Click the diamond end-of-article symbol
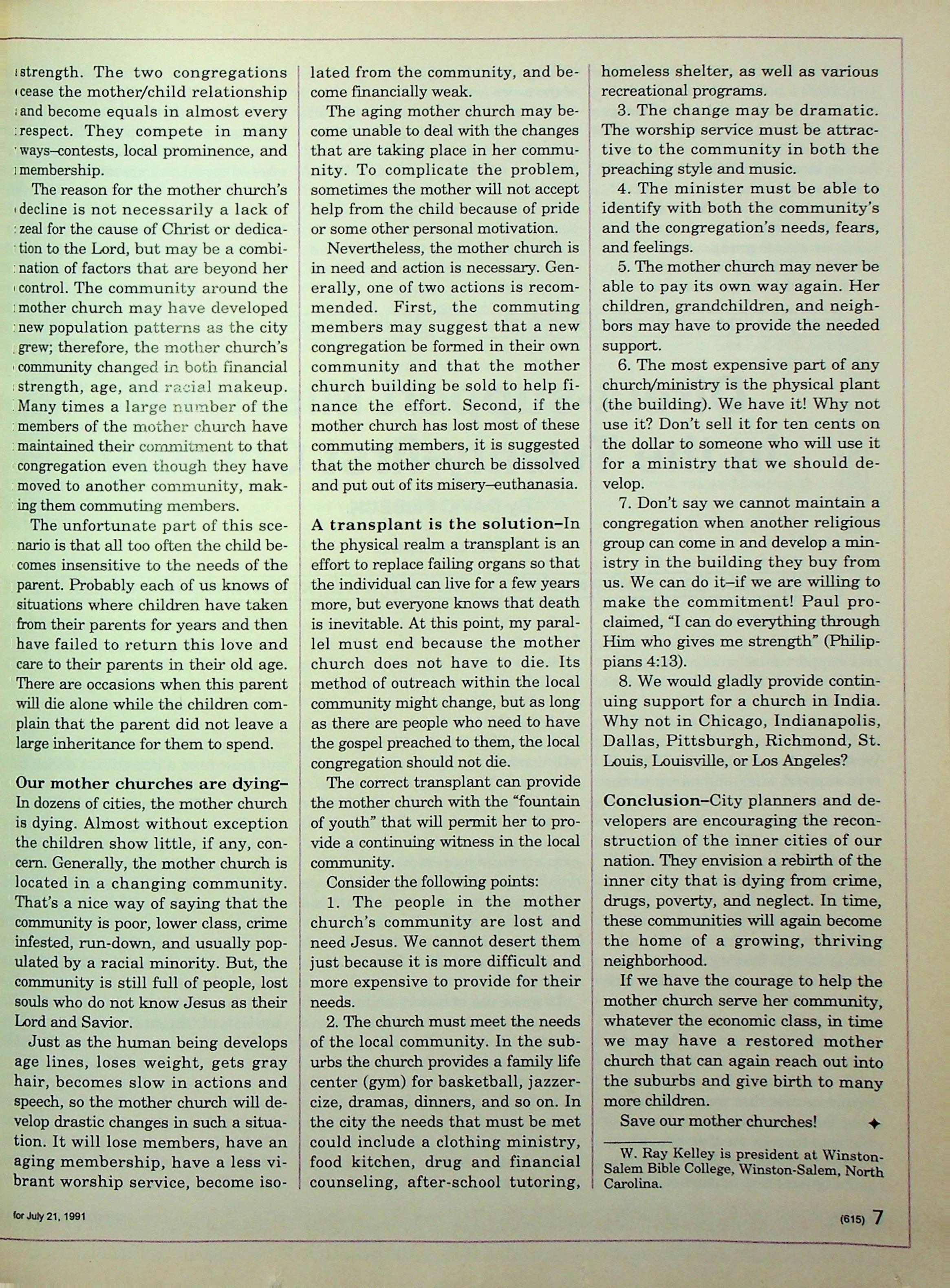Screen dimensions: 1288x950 pos(873,1125)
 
